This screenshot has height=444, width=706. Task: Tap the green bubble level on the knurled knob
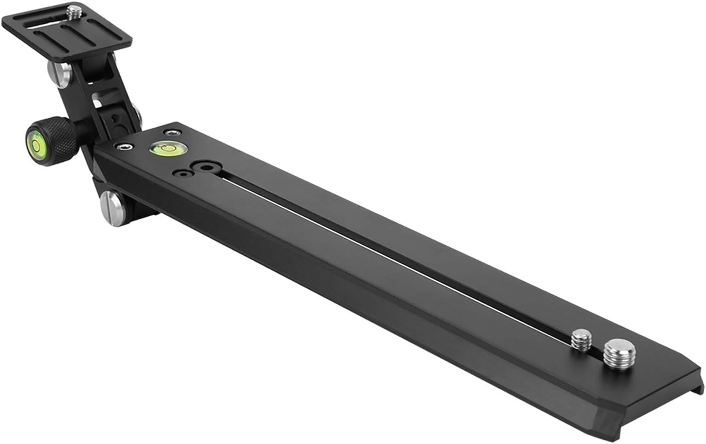tap(36, 140)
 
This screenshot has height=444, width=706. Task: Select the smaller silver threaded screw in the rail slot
tap(582, 339)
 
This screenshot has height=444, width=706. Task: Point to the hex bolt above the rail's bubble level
tap(173, 133)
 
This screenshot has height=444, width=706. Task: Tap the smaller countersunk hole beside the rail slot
tap(182, 174)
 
